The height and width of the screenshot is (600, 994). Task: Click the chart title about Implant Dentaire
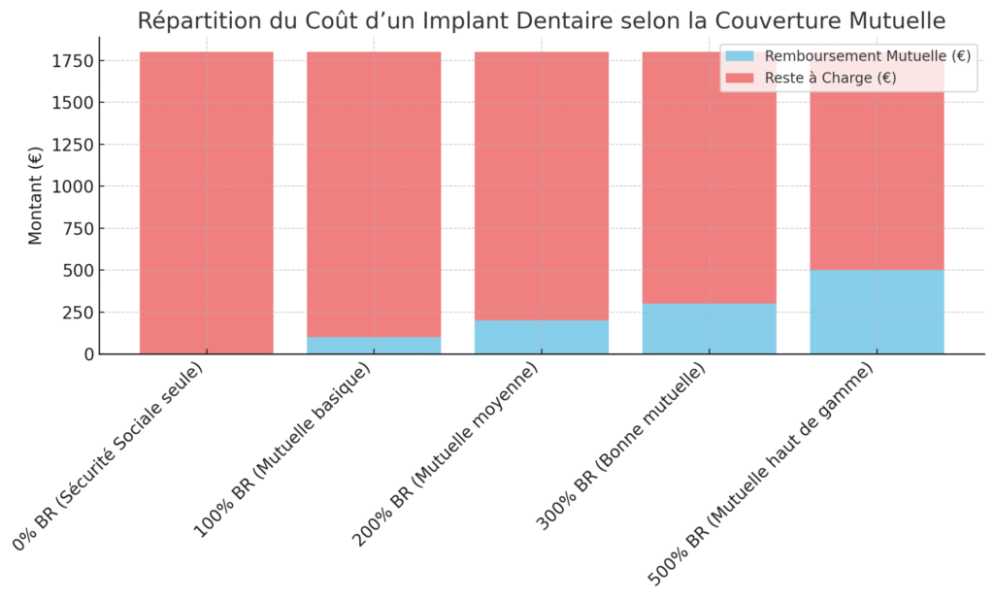(x=541, y=20)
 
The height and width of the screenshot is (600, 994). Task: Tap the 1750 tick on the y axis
(x=74, y=61)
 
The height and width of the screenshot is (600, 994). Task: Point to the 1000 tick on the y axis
(x=74, y=186)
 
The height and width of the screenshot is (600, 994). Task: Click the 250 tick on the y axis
(x=78, y=313)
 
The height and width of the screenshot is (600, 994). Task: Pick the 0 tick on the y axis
(x=87, y=354)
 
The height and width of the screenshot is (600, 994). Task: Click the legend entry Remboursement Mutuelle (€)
(x=868, y=56)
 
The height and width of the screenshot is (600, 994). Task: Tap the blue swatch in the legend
(x=740, y=56)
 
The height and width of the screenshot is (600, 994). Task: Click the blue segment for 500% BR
(x=877, y=312)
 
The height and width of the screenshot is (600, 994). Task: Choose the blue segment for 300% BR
(x=709, y=329)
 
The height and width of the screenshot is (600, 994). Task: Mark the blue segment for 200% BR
(x=542, y=337)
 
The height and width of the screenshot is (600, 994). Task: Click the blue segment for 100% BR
(x=374, y=346)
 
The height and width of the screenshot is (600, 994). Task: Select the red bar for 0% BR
(x=207, y=203)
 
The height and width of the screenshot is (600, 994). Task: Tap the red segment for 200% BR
(x=542, y=185)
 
